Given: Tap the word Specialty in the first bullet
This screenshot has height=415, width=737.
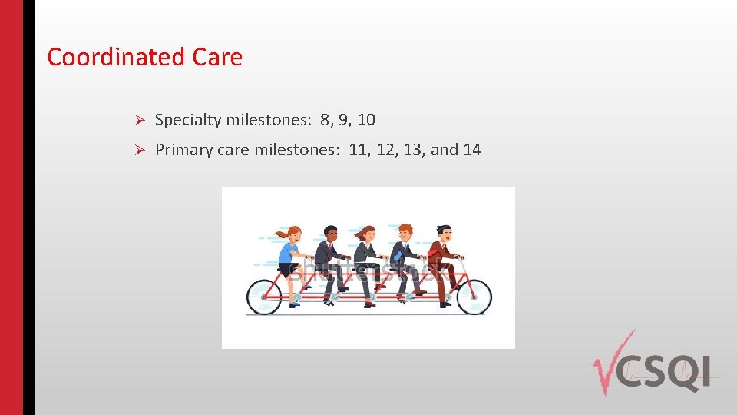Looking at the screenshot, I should click(188, 121).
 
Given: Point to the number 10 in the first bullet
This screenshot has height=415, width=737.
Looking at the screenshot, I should click(366, 120).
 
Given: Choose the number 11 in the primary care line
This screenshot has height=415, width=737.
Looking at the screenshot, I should click(357, 150).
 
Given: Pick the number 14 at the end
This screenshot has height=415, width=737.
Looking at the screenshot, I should click(472, 150).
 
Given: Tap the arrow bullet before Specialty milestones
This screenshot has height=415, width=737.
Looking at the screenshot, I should click(140, 121).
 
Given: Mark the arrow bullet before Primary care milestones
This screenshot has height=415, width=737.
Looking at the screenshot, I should click(140, 151).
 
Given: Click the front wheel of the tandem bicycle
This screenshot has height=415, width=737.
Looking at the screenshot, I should click(473, 295).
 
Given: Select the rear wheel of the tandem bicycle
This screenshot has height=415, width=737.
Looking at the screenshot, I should click(265, 297).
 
